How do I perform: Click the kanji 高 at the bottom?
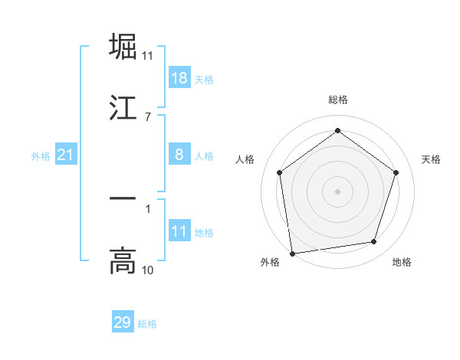click(123, 261)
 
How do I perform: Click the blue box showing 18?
click(179, 78)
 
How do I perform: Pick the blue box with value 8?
click(179, 155)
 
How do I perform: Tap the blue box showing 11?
click(179, 231)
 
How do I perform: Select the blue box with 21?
click(66, 155)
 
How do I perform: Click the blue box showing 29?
click(123, 322)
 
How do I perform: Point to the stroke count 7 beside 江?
click(148, 116)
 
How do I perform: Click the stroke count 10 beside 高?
click(148, 270)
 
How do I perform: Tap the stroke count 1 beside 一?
click(148, 208)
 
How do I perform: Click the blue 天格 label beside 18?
click(204, 80)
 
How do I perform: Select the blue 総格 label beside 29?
click(147, 324)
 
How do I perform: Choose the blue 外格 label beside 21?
click(41, 156)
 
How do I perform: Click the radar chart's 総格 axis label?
click(338, 100)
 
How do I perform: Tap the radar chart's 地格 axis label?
click(402, 263)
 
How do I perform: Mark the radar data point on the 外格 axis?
click(292, 253)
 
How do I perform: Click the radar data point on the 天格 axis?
click(396, 172)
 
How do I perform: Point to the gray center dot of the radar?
click(338, 191)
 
